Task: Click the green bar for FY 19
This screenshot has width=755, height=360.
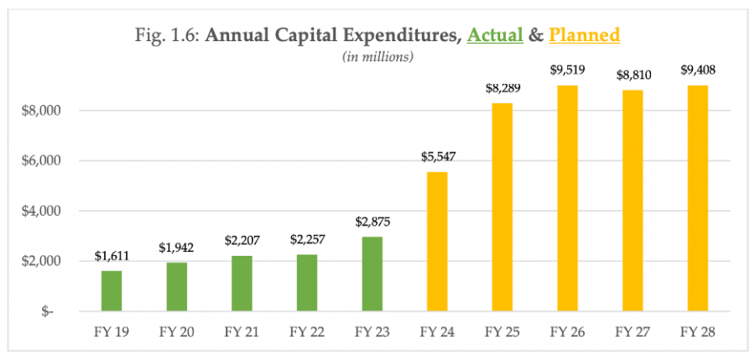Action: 112,290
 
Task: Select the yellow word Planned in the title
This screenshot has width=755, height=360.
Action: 584,35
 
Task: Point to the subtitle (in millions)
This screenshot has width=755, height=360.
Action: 377,56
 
